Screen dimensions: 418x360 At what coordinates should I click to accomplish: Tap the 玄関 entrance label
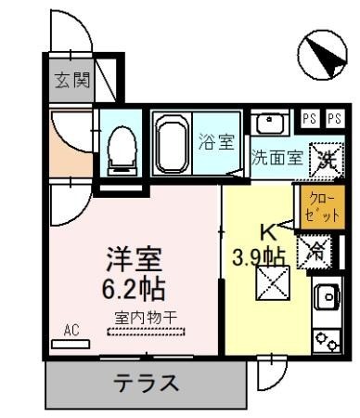click(71, 81)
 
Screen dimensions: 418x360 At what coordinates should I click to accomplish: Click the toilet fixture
click(121, 149)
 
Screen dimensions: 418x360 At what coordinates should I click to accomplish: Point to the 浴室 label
click(216, 144)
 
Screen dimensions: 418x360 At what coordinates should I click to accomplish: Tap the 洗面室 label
click(277, 157)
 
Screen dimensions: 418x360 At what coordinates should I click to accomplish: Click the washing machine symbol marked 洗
click(325, 157)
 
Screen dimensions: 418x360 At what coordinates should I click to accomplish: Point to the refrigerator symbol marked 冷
click(315, 250)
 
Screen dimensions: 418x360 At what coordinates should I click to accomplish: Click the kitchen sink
click(328, 297)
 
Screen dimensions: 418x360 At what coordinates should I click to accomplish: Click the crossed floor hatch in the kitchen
click(273, 282)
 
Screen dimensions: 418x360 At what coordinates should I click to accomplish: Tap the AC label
click(71, 329)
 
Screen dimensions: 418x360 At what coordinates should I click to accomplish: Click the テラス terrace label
click(146, 381)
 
